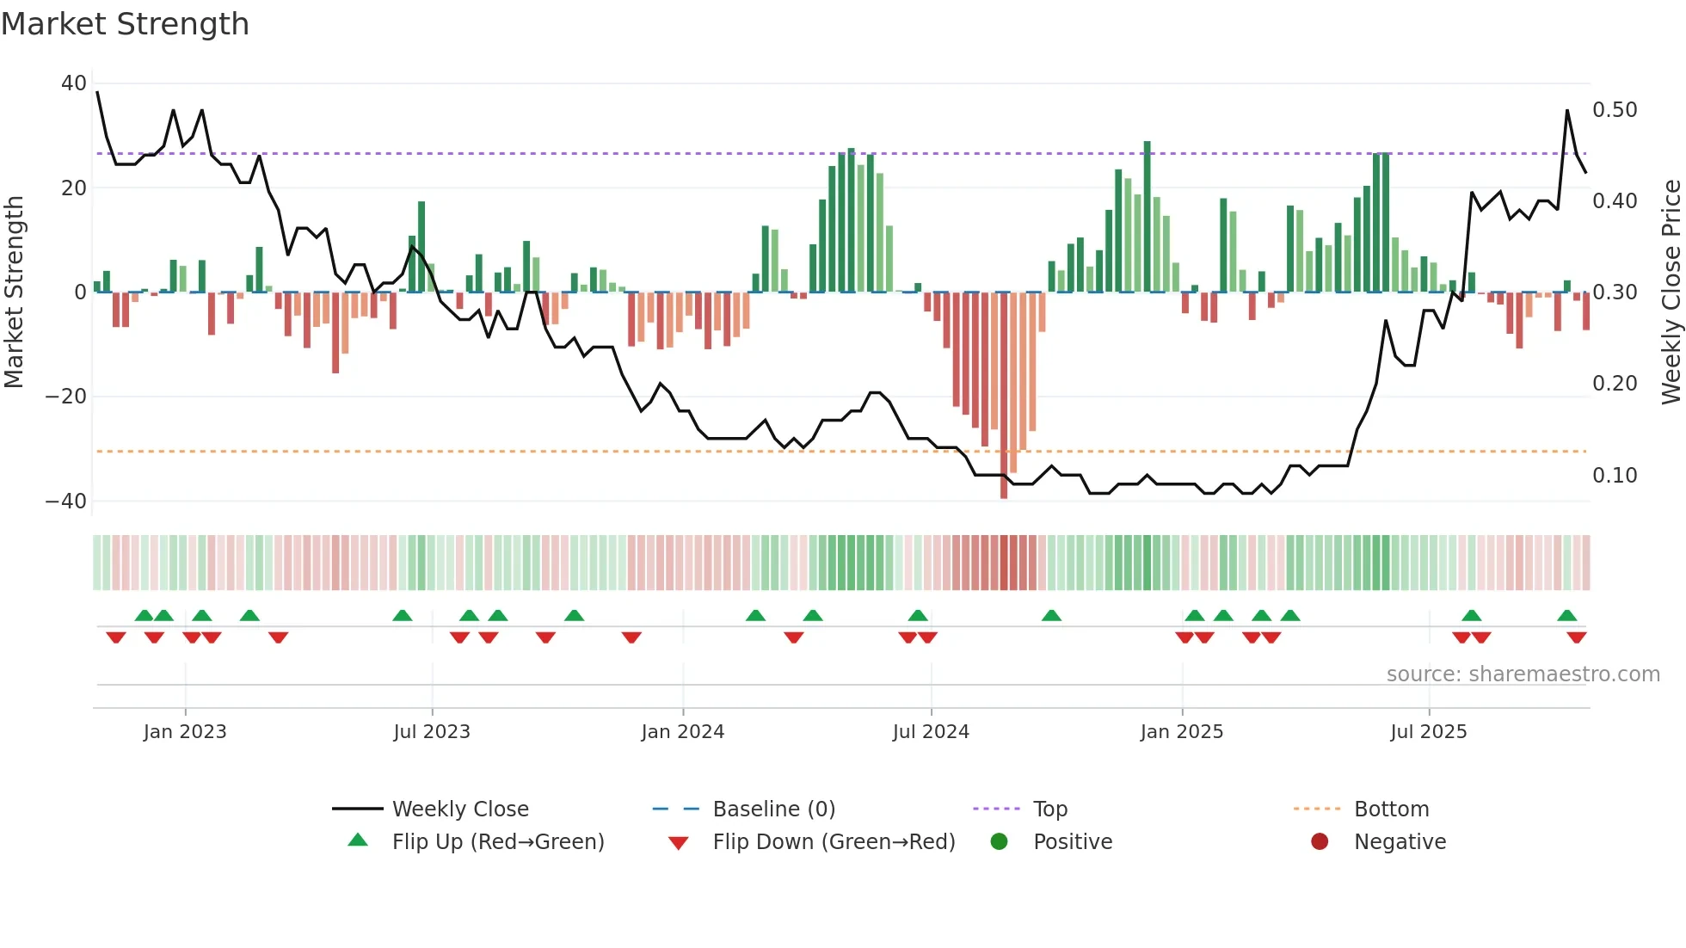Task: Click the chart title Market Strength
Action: pos(125,24)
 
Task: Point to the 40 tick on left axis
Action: pos(74,83)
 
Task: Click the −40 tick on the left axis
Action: pos(66,501)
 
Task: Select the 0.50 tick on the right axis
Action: pos(1615,110)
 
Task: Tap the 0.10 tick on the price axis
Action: pos(1615,475)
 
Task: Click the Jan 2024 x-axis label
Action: pos(683,731)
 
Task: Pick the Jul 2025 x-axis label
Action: pos(1429,731)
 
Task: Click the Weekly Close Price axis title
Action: pos(1671,292)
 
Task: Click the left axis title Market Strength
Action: pos(14,292)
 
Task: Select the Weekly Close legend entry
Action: pos(460,809)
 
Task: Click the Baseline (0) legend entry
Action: pos(773,809)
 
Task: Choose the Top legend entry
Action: pos(1049,809)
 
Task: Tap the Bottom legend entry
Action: pos(1391,809)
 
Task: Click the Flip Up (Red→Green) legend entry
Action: pos(498,841)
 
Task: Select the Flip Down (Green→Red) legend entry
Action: pos(834,841)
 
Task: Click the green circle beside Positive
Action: pos(999,841)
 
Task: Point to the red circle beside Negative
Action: pos(1320,841)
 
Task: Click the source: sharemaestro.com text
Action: pos(1523,674)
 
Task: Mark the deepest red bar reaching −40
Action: pos(1004,396)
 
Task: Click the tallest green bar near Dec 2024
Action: pos(1147,217)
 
